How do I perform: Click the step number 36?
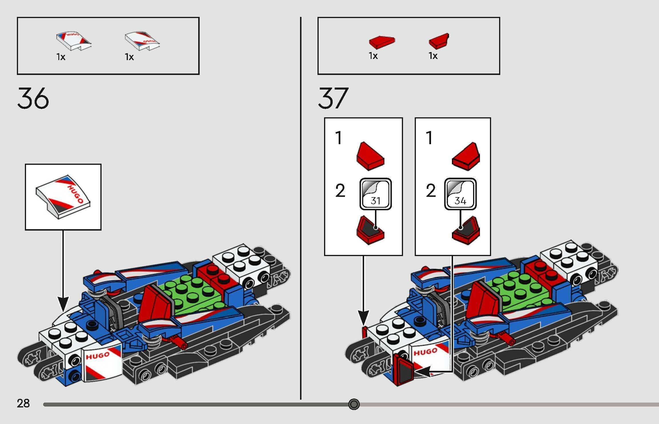(x=33, y=98)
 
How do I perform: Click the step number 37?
(x=333, y=98)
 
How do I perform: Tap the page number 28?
(x=23, y=403)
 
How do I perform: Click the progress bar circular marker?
(x=354, y=404)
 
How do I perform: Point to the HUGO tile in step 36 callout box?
(x=63, y=197)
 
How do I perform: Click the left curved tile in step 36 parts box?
(x=74, y=41)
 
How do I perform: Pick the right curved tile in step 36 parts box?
(x=142, y=41)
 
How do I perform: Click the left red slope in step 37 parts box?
(x=382, y=42)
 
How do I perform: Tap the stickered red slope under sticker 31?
(x=370, y=231)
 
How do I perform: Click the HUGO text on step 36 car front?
(x=98, y=356)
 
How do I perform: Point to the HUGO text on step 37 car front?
(x=425, y=352)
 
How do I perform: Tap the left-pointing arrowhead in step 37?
(x=422, y=372)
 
